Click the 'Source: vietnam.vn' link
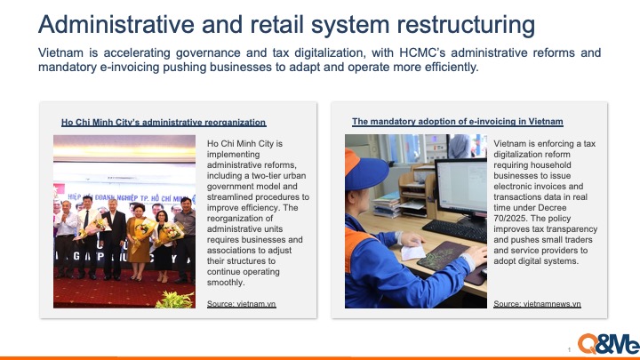(x=241, y=304)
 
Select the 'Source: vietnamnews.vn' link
(x=537, y=304)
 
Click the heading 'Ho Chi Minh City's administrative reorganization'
(x=164, y=123)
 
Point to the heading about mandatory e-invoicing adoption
(x=457, y=121)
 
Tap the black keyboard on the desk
(x=453, y=230)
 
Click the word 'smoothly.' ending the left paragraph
(x=225, y=283)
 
